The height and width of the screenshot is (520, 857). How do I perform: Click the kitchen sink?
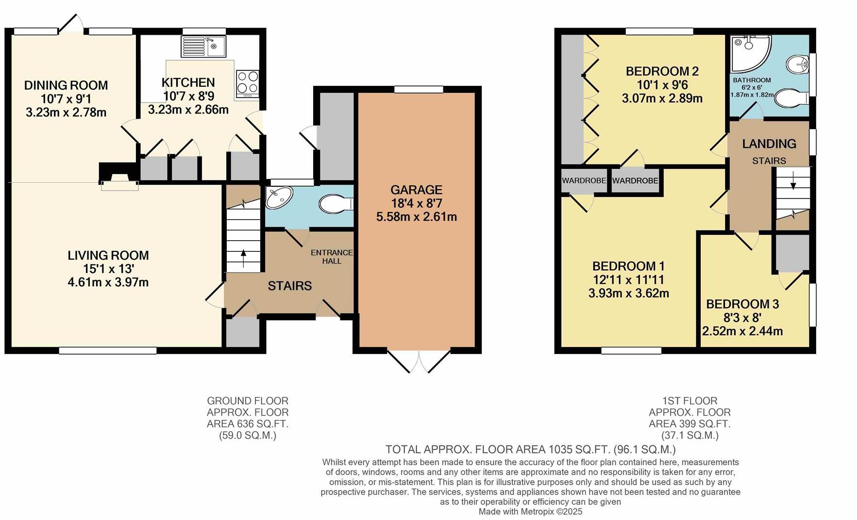click(203, 47)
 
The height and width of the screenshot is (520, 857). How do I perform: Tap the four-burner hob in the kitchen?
click(247, 82)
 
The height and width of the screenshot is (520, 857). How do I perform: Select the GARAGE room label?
click(416, 190)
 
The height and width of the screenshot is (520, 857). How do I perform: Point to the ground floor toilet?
click(336, 204)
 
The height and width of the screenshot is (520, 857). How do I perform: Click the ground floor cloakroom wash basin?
click(279, 197)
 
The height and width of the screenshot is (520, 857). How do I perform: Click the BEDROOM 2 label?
click(662, 71)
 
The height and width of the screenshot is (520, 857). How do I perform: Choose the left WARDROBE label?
click(584, 180)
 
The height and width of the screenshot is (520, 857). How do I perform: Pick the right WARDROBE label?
click(635, 181)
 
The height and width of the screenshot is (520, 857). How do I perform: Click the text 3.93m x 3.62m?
click(628, 293)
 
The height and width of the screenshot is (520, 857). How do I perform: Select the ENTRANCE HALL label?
click(332, 257)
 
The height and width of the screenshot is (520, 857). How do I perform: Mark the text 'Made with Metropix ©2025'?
click(530, 511)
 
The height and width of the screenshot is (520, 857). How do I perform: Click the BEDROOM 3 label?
click(742, 304)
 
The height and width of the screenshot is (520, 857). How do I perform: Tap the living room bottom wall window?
click(108, 350)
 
